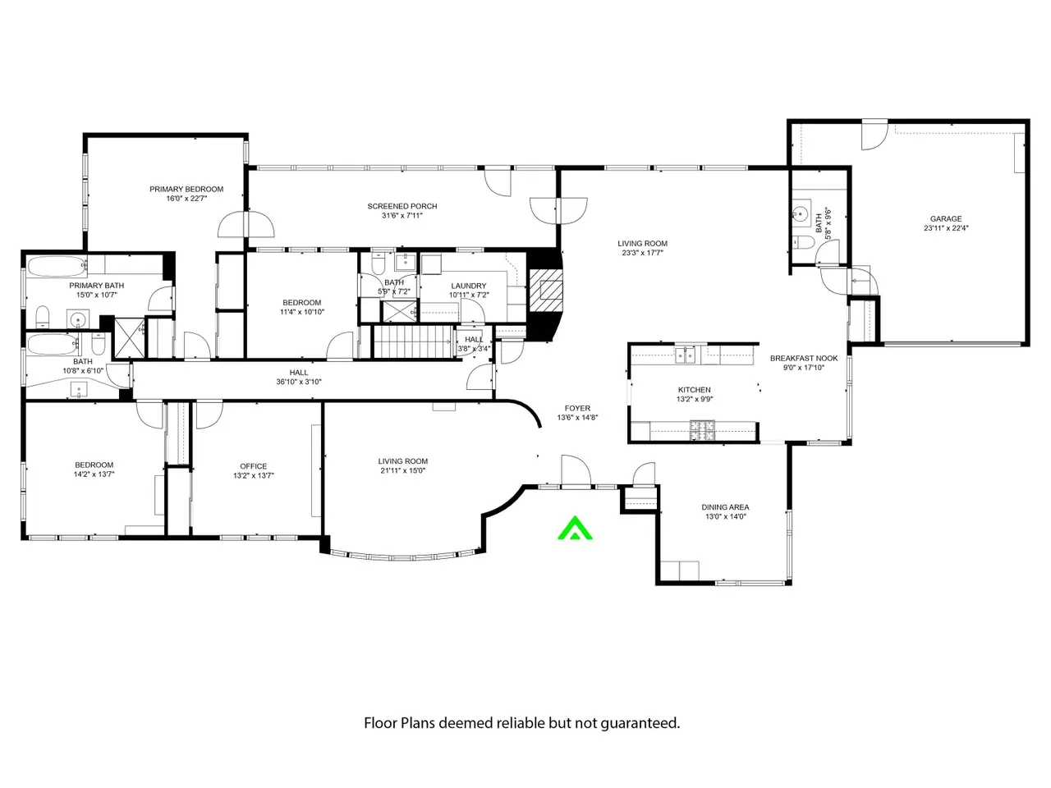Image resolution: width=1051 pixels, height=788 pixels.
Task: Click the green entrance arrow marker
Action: point(575,529)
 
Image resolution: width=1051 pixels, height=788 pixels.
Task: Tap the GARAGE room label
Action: point(946,218)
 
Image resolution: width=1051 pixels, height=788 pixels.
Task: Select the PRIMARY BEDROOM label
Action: point(186,189)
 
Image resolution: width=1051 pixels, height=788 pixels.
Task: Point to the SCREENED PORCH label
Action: point(402,206)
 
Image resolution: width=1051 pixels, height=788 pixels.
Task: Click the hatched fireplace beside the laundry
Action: point(545,291)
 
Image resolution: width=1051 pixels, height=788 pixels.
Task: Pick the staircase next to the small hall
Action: point(413,341)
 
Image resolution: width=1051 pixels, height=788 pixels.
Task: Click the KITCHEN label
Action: point(695,390)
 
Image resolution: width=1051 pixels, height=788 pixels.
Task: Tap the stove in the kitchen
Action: point(702,430)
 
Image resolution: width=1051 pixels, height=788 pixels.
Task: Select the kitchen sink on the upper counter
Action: point(685,355)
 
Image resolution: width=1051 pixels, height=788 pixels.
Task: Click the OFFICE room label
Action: point(253,466)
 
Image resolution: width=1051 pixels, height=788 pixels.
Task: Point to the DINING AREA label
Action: point(725,507)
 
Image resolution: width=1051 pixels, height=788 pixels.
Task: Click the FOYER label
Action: point(577,408)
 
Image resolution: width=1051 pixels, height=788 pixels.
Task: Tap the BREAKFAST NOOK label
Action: point(804,359)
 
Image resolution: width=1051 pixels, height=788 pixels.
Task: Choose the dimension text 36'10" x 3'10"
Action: point(299,382)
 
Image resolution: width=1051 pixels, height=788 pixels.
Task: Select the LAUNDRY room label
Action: point(468,286)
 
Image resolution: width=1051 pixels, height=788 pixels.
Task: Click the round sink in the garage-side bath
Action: point(800,213)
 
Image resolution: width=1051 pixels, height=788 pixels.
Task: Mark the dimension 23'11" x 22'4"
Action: point(946,228)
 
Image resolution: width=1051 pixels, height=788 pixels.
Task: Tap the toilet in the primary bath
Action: point(43,316)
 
